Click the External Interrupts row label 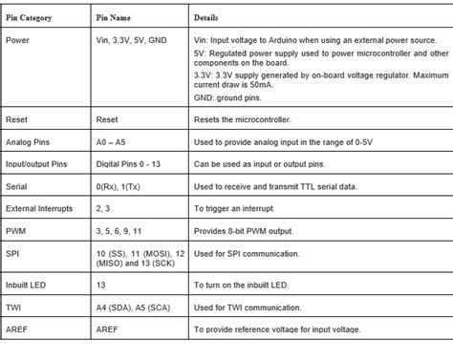(38, 207)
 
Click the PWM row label (15, 230)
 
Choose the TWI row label (13, 307)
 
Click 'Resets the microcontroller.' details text (243, 121)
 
